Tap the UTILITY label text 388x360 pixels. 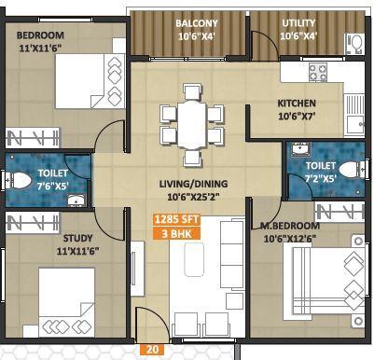point(298,23)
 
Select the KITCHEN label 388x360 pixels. point(297,104)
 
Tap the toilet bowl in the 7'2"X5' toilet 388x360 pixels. point(349,169)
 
